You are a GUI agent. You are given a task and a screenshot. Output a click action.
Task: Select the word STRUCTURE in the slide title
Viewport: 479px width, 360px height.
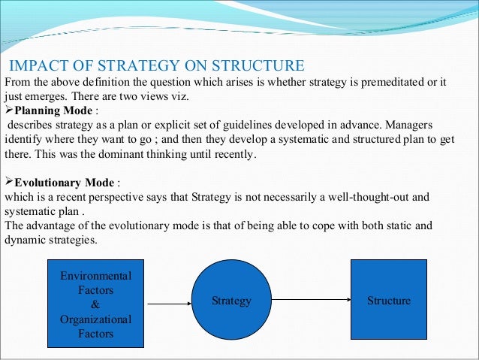coord(259,65)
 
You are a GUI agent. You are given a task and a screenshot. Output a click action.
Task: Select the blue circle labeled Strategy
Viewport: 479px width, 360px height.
coord(231,301)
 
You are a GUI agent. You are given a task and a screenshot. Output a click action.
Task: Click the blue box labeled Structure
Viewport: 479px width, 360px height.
coord(388,300)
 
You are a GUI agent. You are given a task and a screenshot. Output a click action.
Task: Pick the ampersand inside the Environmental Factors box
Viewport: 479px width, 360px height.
coord(95,304)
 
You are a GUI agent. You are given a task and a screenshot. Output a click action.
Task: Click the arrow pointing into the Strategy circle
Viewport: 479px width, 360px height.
coord(170,304)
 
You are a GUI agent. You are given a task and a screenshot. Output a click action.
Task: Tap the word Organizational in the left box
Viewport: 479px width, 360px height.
coord(95,319)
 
